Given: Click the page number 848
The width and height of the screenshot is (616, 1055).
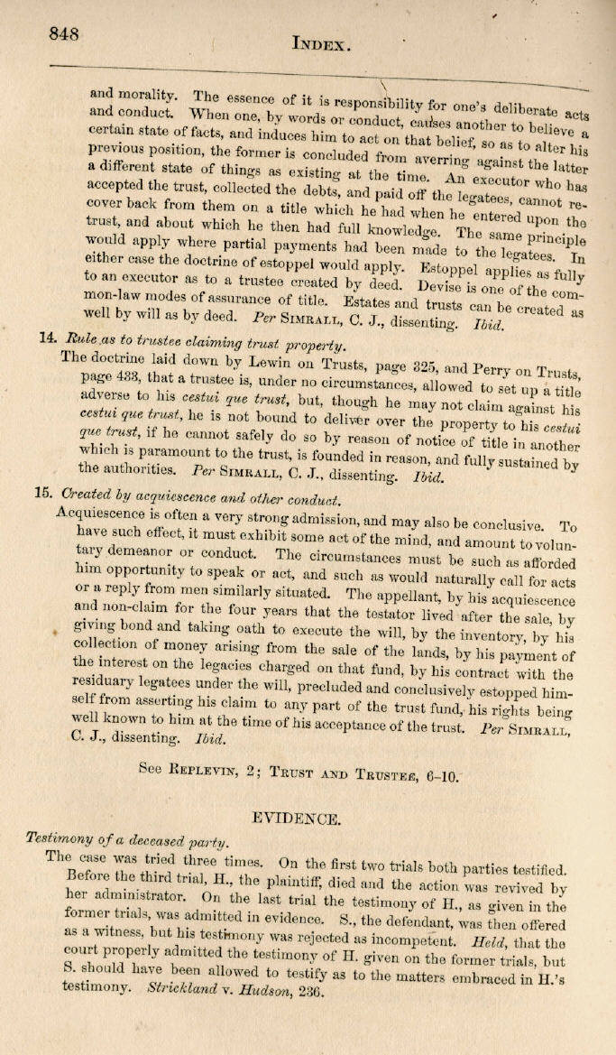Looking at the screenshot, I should point(64,33).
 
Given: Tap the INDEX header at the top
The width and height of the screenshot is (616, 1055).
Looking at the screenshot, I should point(321,42).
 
